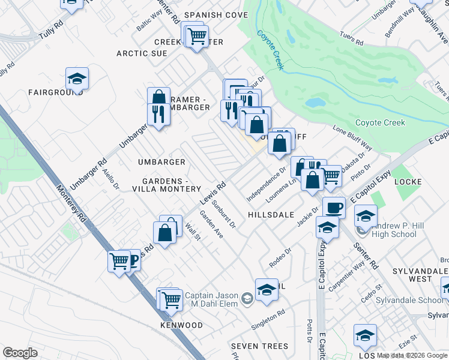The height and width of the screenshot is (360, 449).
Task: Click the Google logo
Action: coord(20,353)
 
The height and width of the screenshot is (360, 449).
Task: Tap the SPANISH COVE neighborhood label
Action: coord(207,14)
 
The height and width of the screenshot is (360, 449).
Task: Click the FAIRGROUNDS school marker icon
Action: coord(77,79)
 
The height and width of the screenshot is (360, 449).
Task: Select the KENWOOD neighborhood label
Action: coord(181,325)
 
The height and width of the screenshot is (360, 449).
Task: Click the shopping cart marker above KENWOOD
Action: coord(172,299)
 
